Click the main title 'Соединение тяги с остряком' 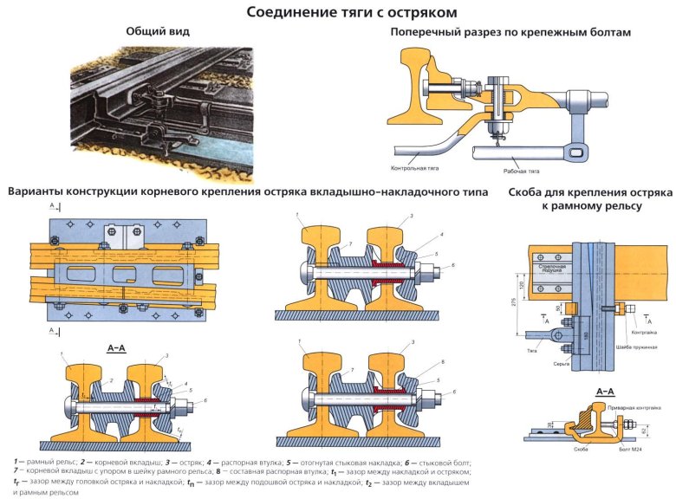click(x=338, y=12)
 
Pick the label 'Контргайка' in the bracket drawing click(x=644, y=333)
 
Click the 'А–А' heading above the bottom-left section click(x=117, y=347)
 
